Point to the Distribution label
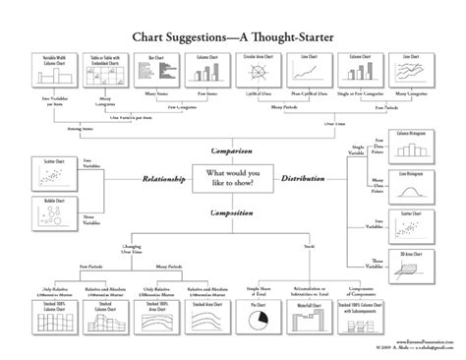321,180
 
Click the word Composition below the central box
234,210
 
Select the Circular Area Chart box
260,70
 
